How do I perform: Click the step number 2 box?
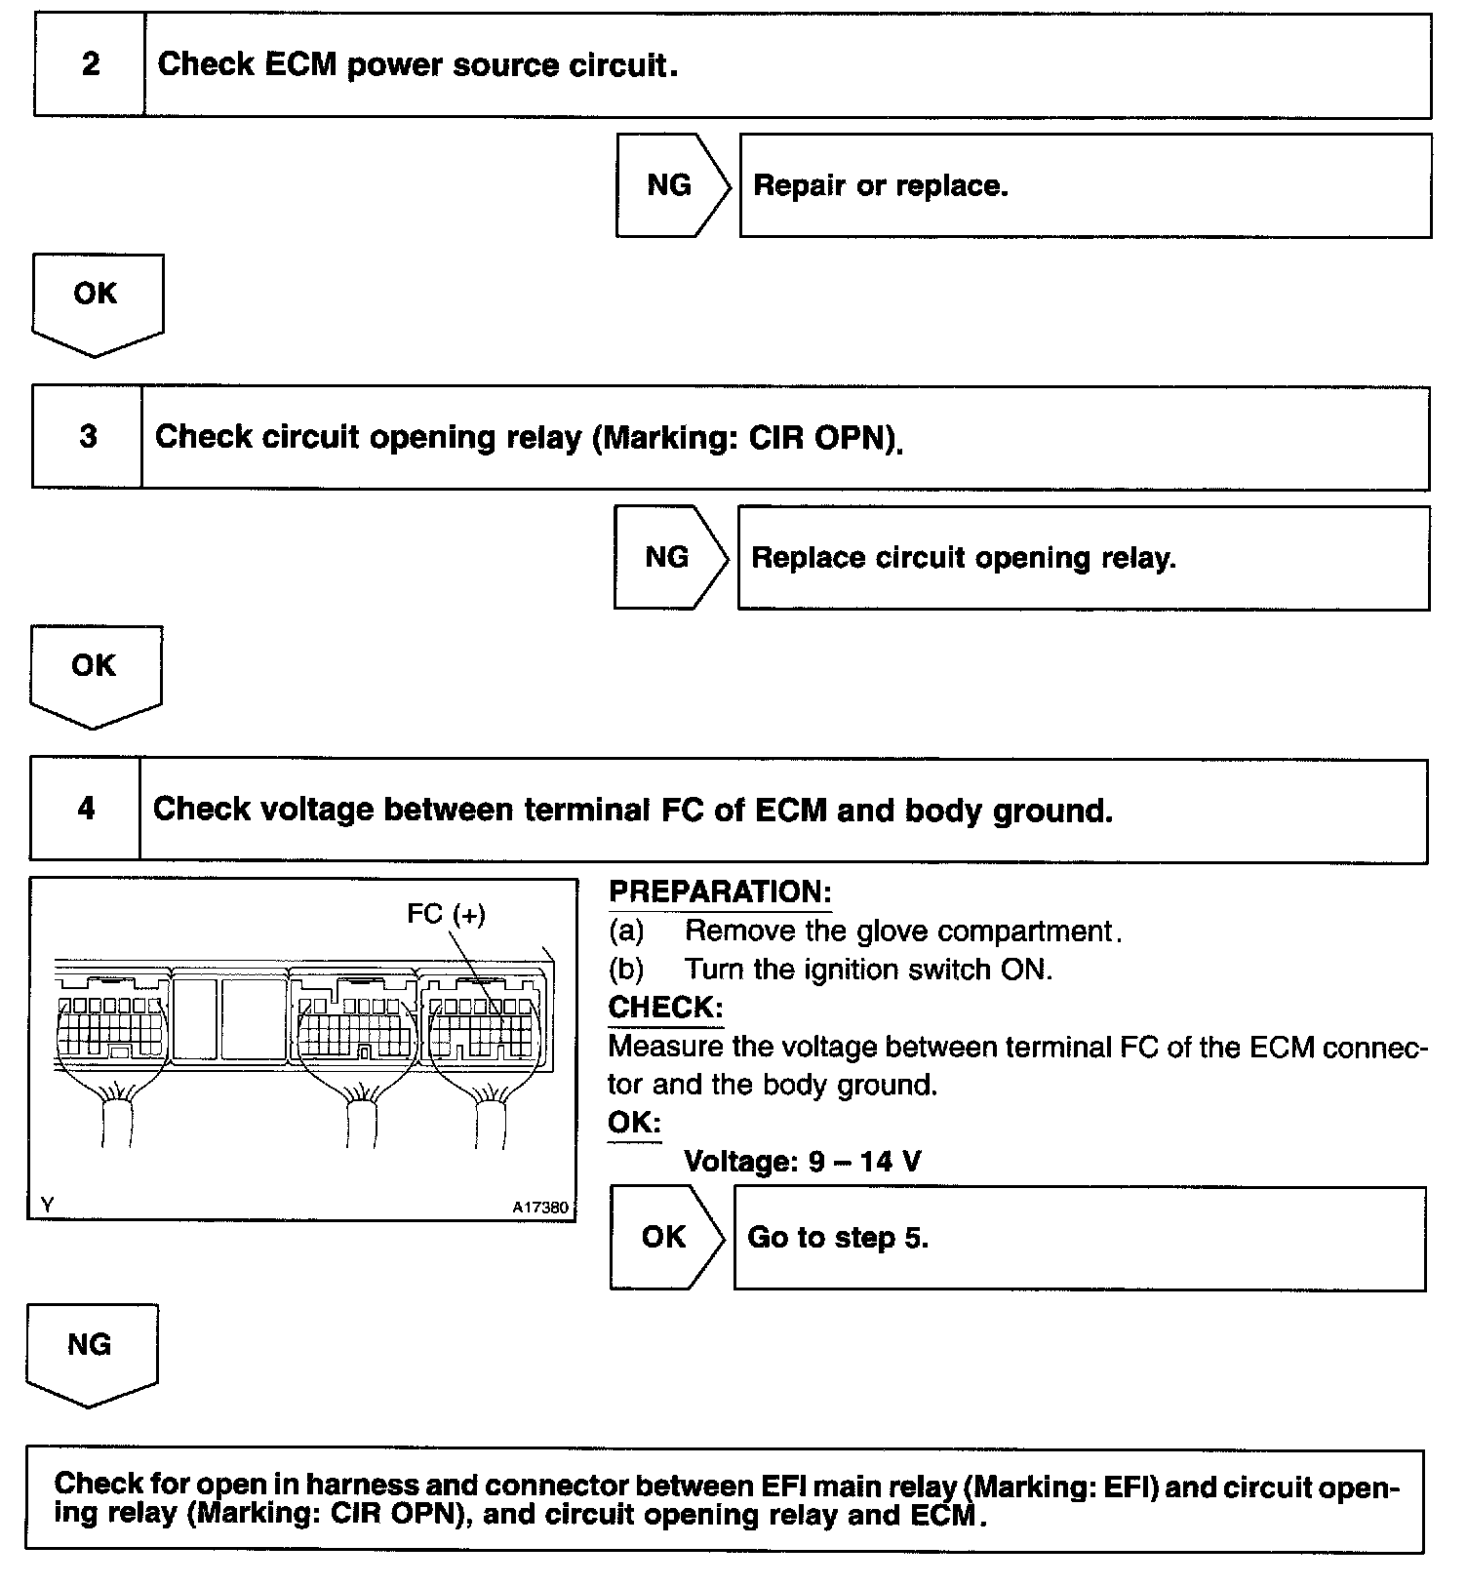90,65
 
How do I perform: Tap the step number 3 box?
88,436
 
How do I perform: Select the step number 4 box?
86,809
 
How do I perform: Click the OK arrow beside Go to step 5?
665,1237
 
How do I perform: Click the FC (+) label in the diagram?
446,914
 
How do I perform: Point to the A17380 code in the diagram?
539,1208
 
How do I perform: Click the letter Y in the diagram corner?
47,1206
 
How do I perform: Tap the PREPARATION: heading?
720,892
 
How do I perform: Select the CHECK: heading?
665,1007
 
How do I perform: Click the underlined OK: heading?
634,1122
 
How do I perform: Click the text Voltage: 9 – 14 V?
802,1162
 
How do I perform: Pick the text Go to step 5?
838,1237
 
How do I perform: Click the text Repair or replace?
881,185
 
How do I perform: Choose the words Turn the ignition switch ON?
868,969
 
